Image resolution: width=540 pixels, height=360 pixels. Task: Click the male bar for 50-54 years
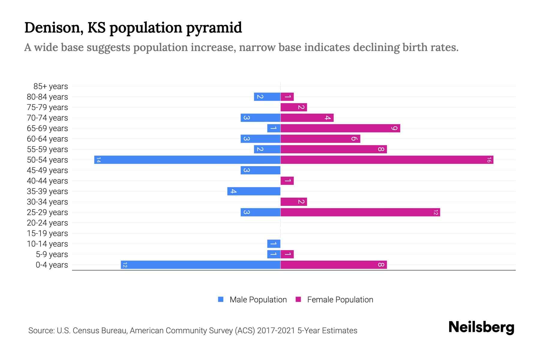click(x=187, y=160)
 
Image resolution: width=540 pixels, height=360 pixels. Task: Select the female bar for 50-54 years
click(x=387, y=160)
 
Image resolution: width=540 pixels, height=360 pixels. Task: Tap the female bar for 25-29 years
click(x=360, y=212)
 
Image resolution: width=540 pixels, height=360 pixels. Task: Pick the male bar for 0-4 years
click(x=200, y=265)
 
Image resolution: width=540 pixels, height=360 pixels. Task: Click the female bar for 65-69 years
click(x=340, y=128)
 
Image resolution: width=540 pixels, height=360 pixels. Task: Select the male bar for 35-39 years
click(x=254, y=191)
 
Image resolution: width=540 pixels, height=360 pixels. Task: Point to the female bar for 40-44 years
click(x=287, y=181)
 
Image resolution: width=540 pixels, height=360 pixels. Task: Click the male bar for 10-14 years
click(x=274, y=244)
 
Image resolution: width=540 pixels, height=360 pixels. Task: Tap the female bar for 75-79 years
click(x=294, y=107)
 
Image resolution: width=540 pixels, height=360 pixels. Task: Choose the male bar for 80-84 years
click(x=267, y=97)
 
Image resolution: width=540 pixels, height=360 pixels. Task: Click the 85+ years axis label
click(x=51, y=86)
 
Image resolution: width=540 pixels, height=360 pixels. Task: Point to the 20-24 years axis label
click(x=47, y=223)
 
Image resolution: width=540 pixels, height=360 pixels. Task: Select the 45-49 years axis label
click(x=47, y=170)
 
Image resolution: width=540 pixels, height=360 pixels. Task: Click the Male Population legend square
click(x=221, y=299)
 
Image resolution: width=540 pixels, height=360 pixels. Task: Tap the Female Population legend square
click(x=298, y=299)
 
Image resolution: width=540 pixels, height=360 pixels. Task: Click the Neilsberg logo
click(x=481, y=327)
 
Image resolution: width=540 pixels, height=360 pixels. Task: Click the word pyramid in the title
click(x=214, y=28)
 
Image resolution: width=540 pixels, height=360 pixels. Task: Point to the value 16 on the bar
click(x=489, y=160)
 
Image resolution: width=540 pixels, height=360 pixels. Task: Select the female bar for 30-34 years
click(x=294, y=202)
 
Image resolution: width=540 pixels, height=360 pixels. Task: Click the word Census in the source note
click(x=85, y=331)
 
